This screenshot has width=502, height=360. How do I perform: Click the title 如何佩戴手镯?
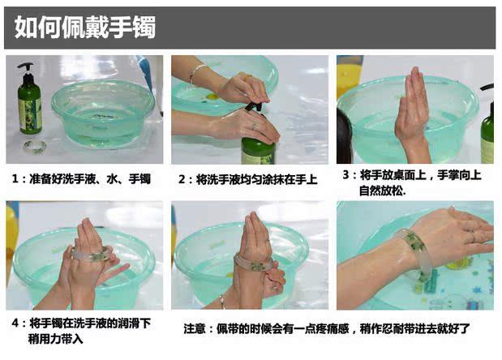85,28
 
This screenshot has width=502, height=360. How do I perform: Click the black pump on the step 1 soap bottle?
26,69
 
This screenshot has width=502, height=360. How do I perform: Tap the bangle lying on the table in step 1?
35,147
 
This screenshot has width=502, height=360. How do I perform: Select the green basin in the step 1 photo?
103,114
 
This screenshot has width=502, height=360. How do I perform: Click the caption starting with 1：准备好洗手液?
81,179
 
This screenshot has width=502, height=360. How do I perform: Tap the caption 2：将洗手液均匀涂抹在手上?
248,179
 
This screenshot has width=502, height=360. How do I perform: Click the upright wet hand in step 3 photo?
412,115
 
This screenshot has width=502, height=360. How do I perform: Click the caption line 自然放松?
382,191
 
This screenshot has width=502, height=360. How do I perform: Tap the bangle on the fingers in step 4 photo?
90,254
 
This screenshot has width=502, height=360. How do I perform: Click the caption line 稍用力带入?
56,339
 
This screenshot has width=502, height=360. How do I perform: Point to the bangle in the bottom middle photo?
254,262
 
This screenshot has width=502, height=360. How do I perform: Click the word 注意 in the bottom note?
195,328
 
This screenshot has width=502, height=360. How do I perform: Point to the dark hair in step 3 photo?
345,138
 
